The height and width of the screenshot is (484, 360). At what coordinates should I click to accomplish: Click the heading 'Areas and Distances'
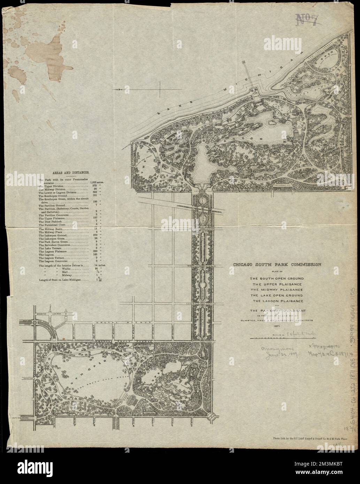click(x=70, y=172)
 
